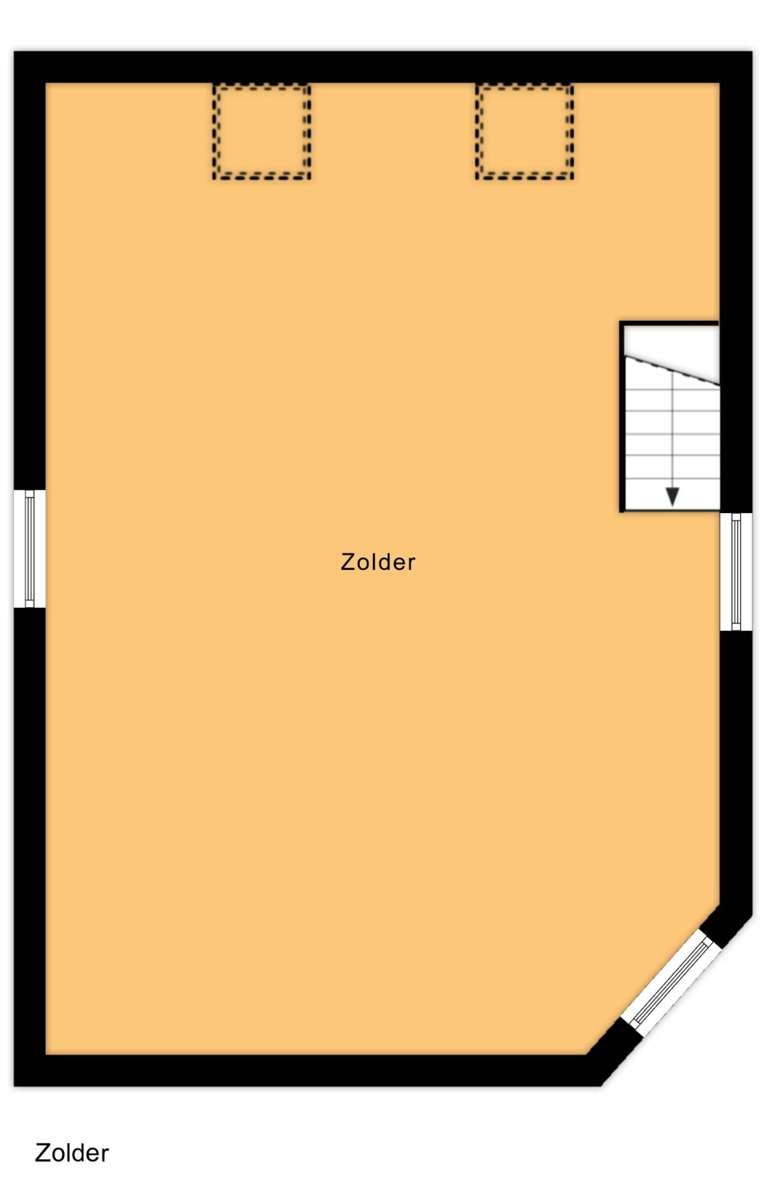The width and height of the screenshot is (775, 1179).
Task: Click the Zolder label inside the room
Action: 378,562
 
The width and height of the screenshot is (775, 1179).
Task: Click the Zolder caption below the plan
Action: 71,1153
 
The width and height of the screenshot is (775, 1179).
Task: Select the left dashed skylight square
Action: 261,132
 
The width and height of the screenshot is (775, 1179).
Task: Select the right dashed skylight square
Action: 524,132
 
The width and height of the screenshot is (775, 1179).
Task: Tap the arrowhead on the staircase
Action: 672,496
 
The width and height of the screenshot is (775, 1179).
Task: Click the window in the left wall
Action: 30,549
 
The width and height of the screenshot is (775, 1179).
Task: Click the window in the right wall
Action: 736,571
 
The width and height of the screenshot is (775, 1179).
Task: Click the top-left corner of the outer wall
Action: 15,52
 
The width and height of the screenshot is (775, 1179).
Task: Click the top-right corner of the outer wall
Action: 752,52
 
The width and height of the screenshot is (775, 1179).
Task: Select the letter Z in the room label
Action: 348,562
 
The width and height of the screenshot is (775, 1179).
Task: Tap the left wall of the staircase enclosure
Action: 622,416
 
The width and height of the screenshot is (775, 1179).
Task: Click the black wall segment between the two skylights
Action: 393,68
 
